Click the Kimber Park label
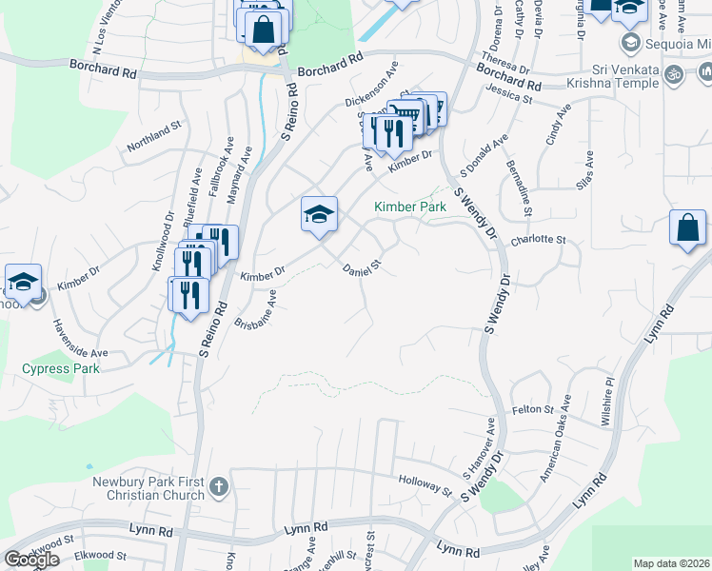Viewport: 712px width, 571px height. tap(410, 206)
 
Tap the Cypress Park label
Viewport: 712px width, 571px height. tap(61, 368)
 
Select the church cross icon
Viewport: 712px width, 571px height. tap(218, 488)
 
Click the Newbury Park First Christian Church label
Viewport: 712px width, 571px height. tap(148, 488)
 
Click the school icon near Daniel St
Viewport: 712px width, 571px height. tap(319, 214)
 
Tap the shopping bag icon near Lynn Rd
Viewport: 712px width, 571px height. tap(688, 229)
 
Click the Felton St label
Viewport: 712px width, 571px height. tap(533, 410)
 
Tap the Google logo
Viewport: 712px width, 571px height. tap(31, 560)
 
